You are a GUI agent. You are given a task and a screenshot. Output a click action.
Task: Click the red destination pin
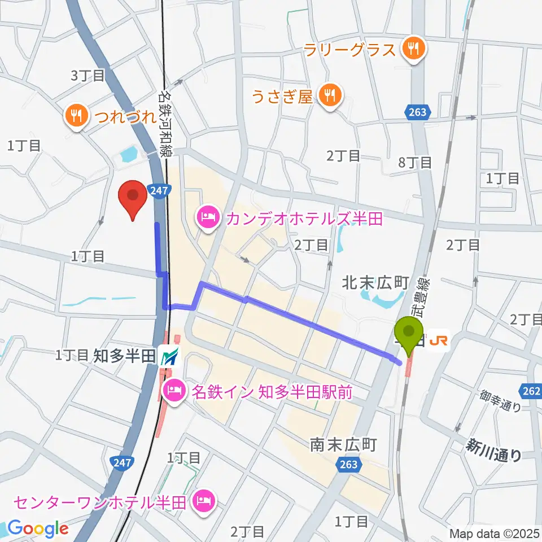click(x=133, y=198)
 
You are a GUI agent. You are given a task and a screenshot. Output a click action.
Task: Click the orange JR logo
click(x=440, y=341)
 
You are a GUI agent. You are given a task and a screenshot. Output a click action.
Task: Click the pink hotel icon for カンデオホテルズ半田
click(x=207, y=217)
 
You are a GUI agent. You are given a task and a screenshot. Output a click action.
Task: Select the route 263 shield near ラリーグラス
click(x=417, y=112)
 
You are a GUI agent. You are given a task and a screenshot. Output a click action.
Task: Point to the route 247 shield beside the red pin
click(x=159, y=191)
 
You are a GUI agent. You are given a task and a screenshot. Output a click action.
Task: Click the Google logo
click(x=37, y=529)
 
